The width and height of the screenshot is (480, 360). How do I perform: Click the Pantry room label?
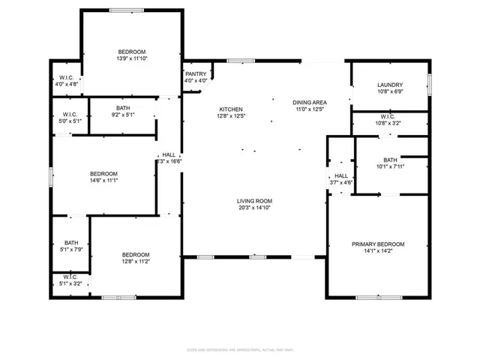click(196, 73)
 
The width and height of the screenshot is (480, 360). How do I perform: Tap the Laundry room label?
click(390, 85)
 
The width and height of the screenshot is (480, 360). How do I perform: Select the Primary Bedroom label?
click(378, 244)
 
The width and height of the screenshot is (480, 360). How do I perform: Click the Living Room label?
click(254, 201)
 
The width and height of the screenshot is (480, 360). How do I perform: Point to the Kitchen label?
click(230, 109)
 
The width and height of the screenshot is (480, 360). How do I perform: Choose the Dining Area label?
click(308, 102)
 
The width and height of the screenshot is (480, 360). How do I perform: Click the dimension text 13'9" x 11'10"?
click(131, 58)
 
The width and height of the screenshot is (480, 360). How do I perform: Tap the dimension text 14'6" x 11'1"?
click(104, 180)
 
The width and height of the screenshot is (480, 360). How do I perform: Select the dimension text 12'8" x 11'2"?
click(136, 261)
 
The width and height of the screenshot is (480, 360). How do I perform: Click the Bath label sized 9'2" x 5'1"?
click(122, 108)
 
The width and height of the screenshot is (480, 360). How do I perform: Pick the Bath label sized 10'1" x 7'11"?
click(390, 160)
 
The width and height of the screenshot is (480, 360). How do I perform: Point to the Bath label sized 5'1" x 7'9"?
click(71, 242)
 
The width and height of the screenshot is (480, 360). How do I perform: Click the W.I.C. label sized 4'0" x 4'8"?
click(65, 78)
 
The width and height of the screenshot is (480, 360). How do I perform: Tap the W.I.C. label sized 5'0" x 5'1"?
click(65, 115)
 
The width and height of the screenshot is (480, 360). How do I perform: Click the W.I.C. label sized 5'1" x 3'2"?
click(71, 279)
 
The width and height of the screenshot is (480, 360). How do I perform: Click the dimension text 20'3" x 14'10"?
click(254, 208)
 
